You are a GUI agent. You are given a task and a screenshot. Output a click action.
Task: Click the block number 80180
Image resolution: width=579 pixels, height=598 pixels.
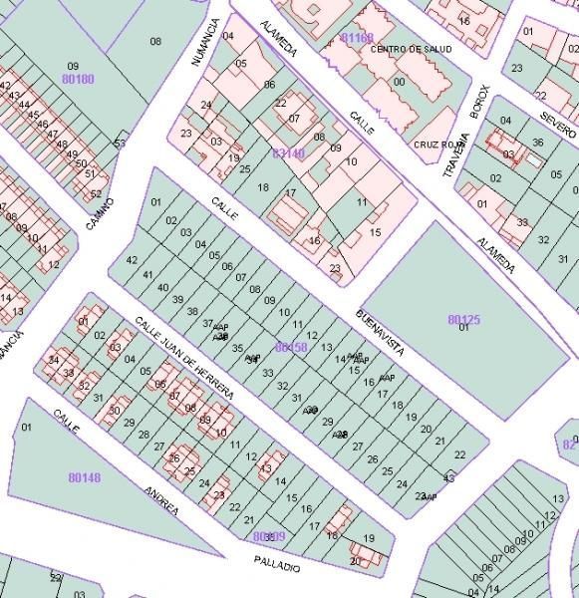pos(77,78)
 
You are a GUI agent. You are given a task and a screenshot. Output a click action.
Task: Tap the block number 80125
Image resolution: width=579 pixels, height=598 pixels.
pos(463,319)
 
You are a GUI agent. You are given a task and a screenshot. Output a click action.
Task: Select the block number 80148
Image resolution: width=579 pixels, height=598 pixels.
pos(84,477)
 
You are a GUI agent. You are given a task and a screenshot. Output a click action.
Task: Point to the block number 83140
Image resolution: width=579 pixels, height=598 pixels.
pos(288,152)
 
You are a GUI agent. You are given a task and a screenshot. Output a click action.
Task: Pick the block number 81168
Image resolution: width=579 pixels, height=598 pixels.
pos(357,38)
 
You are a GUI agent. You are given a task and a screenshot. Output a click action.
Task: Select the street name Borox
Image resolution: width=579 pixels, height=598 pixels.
pos(480,101)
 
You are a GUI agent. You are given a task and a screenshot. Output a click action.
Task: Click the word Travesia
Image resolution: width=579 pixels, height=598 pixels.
pos(454,156)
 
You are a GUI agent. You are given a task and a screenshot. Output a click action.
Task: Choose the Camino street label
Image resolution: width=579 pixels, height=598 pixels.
pos(100,215)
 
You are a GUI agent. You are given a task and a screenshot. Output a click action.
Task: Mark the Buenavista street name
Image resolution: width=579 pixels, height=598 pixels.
pos(381,334)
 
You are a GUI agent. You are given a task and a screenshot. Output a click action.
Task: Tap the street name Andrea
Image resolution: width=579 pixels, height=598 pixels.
pos(160,500)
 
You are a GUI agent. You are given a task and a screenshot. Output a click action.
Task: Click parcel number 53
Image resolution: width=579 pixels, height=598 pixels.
pos(120,145)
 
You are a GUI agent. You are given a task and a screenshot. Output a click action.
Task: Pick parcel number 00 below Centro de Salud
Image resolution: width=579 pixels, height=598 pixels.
pos(399,82)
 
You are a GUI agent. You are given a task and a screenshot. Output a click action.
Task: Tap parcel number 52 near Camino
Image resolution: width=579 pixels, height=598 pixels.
pos(96,193)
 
